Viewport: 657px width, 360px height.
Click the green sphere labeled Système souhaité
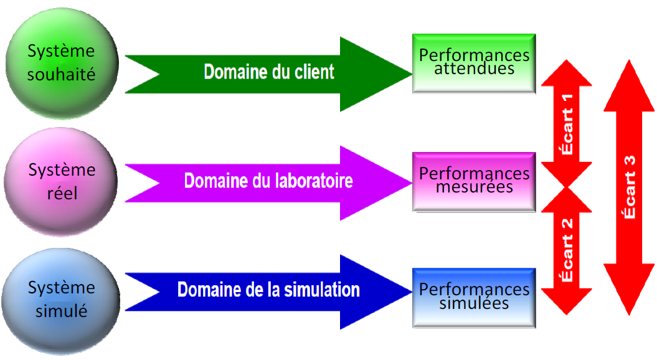tap(62, 64)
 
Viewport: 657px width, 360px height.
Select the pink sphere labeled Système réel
tap(61, 182)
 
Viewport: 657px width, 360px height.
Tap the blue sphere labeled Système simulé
tap(61, 301)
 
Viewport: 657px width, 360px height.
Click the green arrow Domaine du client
tap(268, 74)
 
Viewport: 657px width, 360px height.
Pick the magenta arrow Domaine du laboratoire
tap(268, 183)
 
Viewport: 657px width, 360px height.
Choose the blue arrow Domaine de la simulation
tap(268, 292)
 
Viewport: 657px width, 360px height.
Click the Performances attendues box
tap(474, 64)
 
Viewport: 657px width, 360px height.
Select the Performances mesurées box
tap(474, 182)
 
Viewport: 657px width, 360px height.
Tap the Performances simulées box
tap(474, 298)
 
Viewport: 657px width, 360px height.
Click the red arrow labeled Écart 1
tap(567, 123)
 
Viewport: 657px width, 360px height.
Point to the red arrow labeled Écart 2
tap(567, 250)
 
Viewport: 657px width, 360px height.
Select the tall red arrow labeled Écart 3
tap(629, 187)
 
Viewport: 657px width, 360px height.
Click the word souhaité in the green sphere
tap(61, 75)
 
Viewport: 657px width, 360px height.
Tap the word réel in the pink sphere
tap(62, 193)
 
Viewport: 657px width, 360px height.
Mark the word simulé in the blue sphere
tap(61, 311)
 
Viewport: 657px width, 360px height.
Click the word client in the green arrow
tap(314, 72)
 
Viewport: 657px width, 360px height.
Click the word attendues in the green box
tap(475, 69)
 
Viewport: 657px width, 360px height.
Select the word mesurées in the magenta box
tap(475, 187)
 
